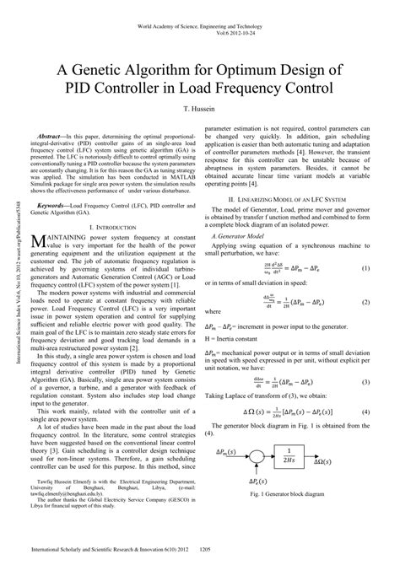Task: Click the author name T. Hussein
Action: coord(199,111)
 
